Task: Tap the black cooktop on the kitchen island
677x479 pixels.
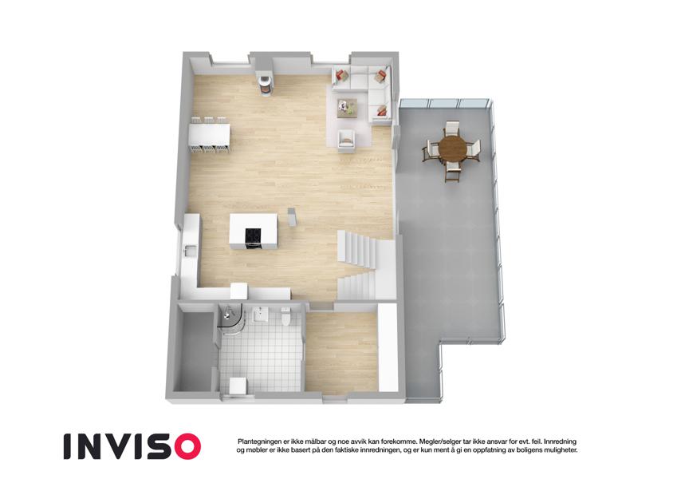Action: pos(253,236)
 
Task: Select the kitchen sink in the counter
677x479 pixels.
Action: pos(190,251)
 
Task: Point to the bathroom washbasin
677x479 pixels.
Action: pos(260,315)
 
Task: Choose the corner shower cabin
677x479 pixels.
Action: pos(231,321)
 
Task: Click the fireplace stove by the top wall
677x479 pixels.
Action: pos(264,84)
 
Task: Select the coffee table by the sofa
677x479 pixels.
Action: pos(348,108)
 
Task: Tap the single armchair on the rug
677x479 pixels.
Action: pos(347,140)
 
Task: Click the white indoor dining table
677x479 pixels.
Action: pos(209,134)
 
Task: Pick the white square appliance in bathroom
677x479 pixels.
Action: pos(238,386)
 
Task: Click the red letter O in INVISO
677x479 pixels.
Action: pos(185,446)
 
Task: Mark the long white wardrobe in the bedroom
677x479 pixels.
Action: pos(388,347)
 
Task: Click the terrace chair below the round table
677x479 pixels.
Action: pos(452,172)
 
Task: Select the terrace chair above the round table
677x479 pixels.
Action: pos(452,129)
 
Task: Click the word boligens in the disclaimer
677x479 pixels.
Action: pos(520,450)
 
